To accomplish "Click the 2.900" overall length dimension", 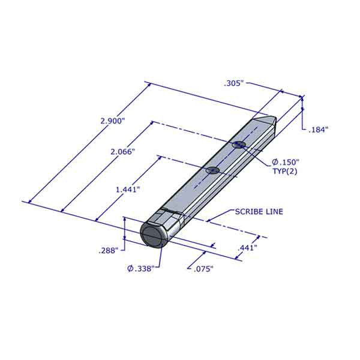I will (112, 121).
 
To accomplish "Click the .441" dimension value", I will (247, 247).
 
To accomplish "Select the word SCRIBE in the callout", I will (247, 212).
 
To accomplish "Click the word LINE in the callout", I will (272, 212).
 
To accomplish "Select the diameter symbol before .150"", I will (274, 162).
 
